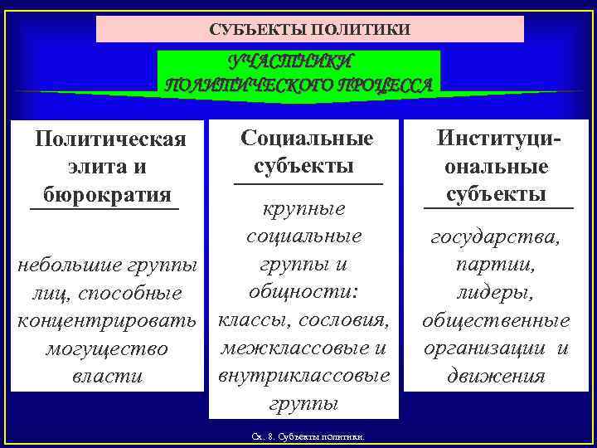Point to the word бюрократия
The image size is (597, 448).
(104, 193)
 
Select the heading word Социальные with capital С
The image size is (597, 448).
(307, 138)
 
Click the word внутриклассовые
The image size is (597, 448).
(303, 375)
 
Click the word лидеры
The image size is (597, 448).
(496, 293)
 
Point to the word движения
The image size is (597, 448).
(496, 376)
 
